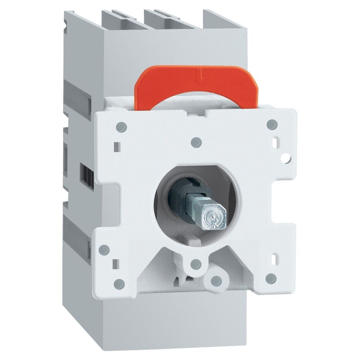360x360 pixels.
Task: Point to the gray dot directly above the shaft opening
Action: coord(195,141)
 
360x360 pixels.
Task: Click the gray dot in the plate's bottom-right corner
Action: coord(271,278)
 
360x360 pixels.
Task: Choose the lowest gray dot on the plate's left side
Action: coord(119,284)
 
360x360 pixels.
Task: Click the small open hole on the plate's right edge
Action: coord(287,158)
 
